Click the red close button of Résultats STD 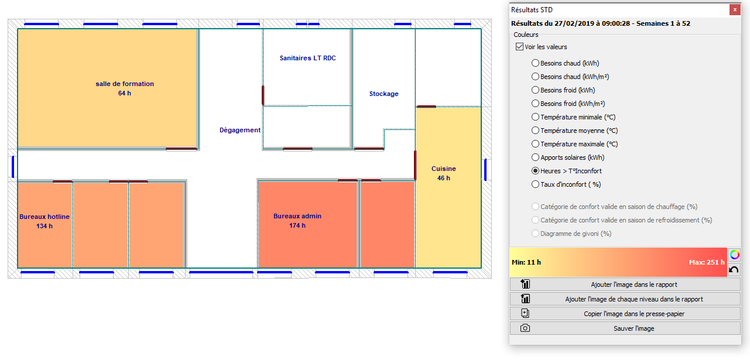click(735, 10)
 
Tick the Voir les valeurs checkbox click(519, 47)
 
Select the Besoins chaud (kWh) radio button click(535, 63)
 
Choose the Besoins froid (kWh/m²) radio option click(535, 104)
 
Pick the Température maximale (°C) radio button click(535, 143)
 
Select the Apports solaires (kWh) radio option click(535, 157)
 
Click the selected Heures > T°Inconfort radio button click(535, 171)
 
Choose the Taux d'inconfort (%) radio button click(535, 184)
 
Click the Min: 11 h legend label click(526, 262)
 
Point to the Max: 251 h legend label click(707, 262)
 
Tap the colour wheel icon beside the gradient click(735, 255)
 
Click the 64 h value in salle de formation click(125, 93)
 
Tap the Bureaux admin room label click(297, 216)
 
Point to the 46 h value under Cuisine click(444, 178)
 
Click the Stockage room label click(383, 94)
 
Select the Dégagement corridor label click(239, 130)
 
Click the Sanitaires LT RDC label click(308, 58)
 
